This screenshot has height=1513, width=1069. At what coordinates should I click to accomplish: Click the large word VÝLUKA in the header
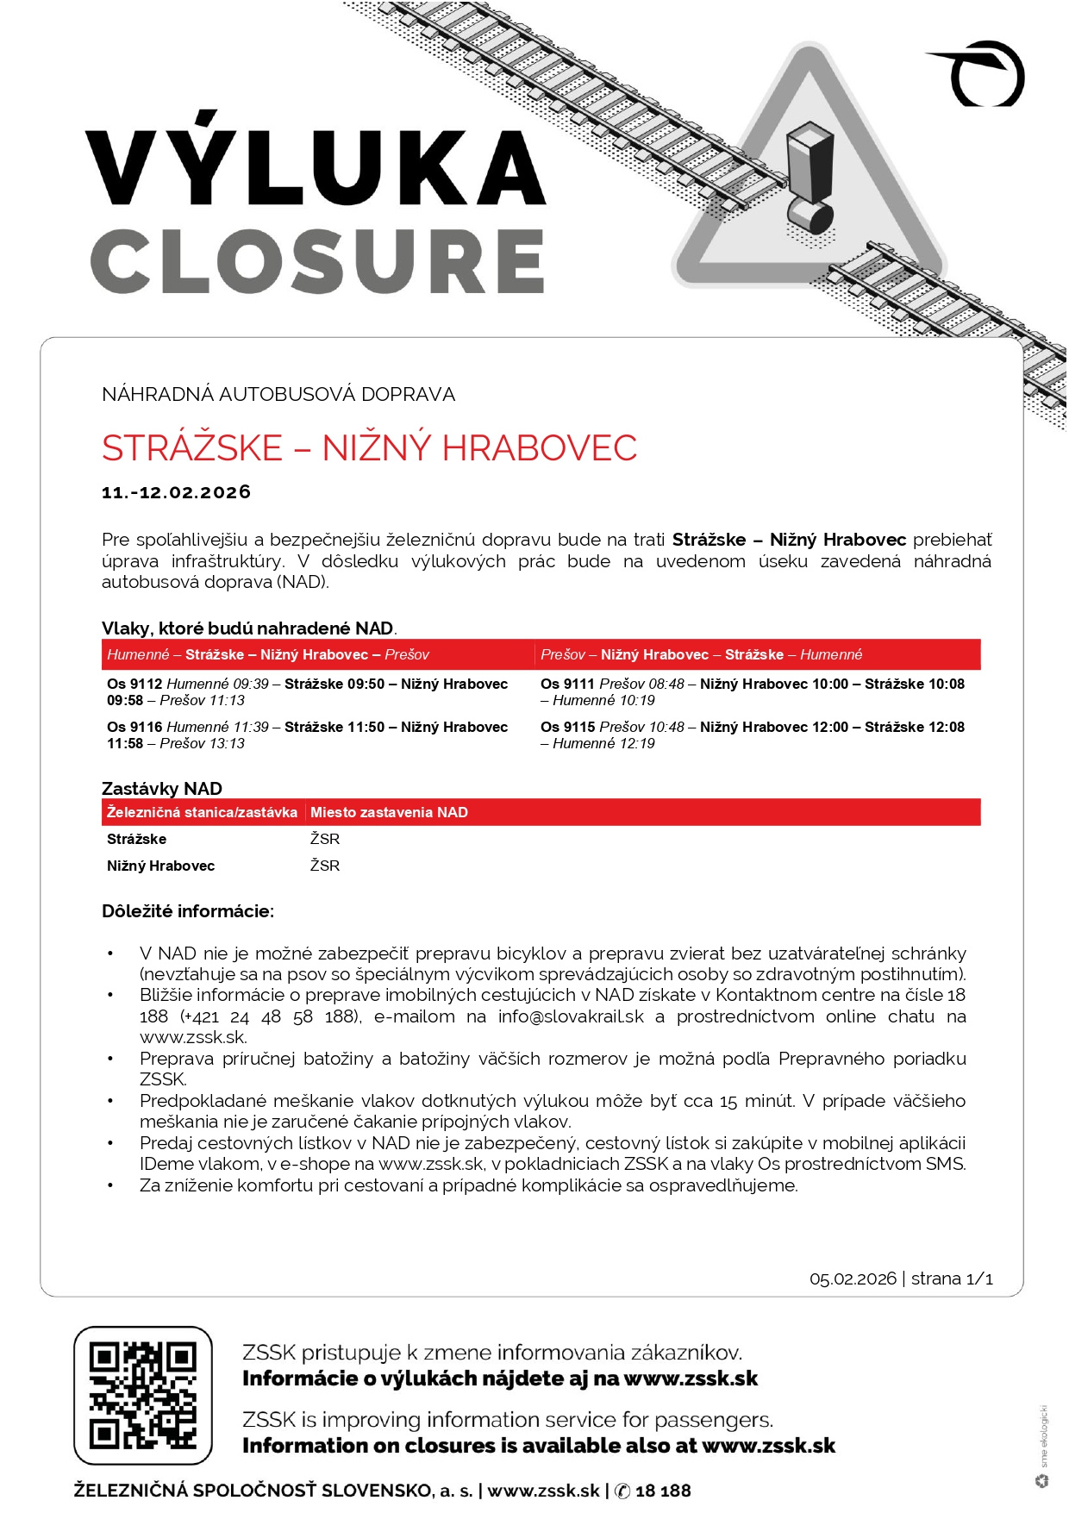tap(316, 164)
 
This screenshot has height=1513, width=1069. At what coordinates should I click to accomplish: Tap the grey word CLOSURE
tap(317, 261)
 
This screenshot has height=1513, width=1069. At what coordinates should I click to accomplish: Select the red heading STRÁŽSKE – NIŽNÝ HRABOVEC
tap(369, 448)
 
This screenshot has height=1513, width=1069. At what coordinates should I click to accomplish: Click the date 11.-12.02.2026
tap(176, 492)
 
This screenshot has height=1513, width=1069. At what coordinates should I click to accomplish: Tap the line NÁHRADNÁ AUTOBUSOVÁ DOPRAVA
tap(278, 395)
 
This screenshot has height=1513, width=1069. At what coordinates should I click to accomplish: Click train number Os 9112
tap(134, 685)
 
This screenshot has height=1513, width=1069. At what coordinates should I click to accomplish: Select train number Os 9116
tap(134, 728)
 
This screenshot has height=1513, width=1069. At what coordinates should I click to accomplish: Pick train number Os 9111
tap(567, 685)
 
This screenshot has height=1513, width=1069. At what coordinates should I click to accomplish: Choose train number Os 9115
tap(567, 728)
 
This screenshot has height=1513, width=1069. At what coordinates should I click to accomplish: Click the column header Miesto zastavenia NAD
tap(389, 812)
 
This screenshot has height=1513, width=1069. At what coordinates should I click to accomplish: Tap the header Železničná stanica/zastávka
tap(202, 812)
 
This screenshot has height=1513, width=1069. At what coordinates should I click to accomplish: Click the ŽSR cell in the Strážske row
tap(325, 839)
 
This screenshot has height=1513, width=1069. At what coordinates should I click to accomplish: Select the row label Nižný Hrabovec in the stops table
tap(160, 866)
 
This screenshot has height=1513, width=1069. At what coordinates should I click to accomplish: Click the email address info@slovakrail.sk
tap(571, 1016)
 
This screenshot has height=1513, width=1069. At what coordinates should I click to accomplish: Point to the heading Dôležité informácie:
tap(188, 911)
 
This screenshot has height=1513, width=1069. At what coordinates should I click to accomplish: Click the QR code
tap(143, 1395)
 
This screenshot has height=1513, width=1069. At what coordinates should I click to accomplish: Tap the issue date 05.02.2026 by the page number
tap(853, 1279)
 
